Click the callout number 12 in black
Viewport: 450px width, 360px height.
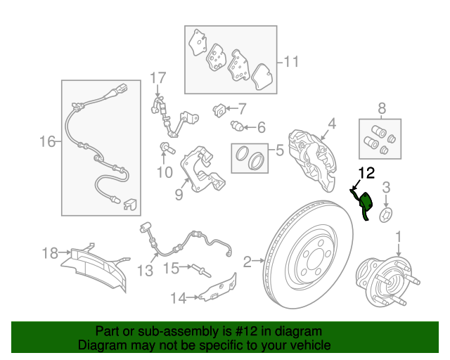pyautogui.click(x=366, y=173)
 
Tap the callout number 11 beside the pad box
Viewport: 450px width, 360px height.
pyautogui.click(x=291, y=62)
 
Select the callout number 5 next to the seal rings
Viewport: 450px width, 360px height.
pyautogui.click(x=280, y=150)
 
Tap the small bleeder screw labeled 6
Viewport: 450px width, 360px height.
pyautogui.click(x=237, y=126)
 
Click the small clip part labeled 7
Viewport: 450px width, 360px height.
pyautogui.click(x=219, y=110)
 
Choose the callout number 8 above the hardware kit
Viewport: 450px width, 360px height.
pyautogui.click(x=381, y=108)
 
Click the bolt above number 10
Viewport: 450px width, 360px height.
pyautogui.click(x=167, y=148)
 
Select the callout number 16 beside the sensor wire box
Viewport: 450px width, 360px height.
pyautogui.click(x=47, y=142)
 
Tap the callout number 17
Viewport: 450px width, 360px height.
pyautogui.click(x=158, y=78)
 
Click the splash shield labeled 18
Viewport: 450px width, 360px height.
pyautogui.click(x=95, y=267)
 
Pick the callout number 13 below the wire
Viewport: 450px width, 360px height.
pyautogui.click(x=146, y=271)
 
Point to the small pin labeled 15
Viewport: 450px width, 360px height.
pyautogui.click(x=202, y=271)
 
